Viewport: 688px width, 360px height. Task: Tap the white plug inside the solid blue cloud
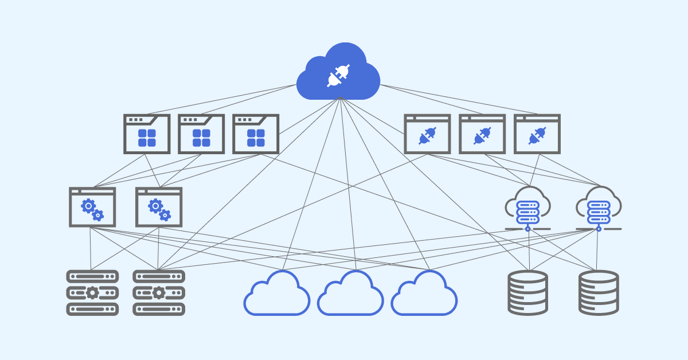(x=338, y=76)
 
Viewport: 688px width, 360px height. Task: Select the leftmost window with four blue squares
(x=147, y=134)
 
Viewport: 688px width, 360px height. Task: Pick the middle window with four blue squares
(x=201, y=134)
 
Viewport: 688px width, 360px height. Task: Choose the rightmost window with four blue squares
(x=256, y=134)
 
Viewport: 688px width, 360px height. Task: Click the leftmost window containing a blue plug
(x=427, y=134)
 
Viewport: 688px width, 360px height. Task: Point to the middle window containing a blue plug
(x=482, y=134)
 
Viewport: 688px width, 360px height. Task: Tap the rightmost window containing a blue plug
(x=537, y=134)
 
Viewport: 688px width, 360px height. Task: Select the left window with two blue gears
(x=92, y=207)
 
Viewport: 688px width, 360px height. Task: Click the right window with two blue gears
(x=159, y=207)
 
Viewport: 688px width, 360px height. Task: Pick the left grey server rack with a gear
(x=92, y=293)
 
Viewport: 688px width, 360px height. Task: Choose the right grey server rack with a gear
(x=159, y=293)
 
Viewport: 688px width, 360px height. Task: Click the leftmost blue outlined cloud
(x=277, y=295)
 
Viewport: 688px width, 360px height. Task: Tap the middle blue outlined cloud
(x=350, y=295)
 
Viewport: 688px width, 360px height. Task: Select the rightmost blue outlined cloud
(x=424, y=295)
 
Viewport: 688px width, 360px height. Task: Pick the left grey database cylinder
(x=528, y=293)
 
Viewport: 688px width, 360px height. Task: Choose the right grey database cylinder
(x=599, y=293)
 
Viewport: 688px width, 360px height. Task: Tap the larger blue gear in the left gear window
(x=88, y=205)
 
